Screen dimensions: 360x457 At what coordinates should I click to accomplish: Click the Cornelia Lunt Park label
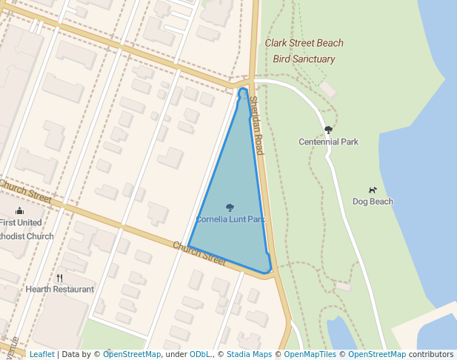(x=230, y=220)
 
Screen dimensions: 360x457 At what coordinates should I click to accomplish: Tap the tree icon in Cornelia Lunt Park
(x=230, y=208)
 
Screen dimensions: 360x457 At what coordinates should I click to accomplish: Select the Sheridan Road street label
(x=257, y=126)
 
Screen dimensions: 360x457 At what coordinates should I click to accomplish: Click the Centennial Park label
(x=328, y=141)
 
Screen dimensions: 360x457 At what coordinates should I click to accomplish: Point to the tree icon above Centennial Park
(x=328, y=130)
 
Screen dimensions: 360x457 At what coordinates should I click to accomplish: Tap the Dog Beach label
(x=373, y=201)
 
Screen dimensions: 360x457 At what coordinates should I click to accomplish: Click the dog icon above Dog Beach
(x=373, y=190)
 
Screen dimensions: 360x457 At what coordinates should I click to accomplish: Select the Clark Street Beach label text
(x=304, y=43)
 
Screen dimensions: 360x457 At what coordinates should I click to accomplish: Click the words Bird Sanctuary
(x=304, y=59)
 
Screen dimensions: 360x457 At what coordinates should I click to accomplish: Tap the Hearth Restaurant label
(x=60, y=289)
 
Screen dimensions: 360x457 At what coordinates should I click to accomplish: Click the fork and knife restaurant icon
(x=60, y=278)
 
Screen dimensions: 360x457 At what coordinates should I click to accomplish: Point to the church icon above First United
(x=20, y=211)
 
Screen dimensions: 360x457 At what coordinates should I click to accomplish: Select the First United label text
(x=21, y=222)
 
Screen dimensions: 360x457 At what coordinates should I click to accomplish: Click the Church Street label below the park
(x=199, y=253)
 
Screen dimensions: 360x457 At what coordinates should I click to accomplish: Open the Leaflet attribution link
(x=41, y=354)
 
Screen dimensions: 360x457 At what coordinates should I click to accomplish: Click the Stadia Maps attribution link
(x=249, y=354)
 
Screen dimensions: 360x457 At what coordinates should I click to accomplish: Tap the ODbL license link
(x=201, y=354)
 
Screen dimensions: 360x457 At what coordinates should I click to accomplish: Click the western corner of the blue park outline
(x=188, y=246)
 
